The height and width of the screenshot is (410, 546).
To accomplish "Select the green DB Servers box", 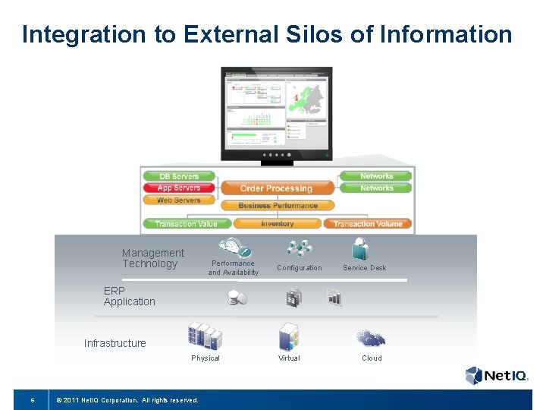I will [180, 176].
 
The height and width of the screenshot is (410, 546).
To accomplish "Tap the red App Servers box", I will [180, 188].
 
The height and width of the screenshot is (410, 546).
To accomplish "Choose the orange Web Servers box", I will [180, 200].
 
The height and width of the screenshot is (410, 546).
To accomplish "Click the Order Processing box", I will [277, 188].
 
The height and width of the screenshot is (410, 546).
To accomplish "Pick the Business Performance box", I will [278, 206].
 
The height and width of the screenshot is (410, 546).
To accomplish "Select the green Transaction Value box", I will [186, 224].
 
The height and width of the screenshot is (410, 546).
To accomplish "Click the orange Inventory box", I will [278, 224].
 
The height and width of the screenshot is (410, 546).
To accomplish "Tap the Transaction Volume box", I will [368, 224].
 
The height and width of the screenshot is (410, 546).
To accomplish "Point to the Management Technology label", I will [153, 258].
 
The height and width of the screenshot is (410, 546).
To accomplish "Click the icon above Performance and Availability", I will [234, 248].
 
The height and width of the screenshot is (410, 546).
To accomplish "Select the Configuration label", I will [299, 268].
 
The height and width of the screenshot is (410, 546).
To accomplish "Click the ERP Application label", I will [129, 296].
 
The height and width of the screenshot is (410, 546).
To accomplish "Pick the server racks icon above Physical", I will [205, 335].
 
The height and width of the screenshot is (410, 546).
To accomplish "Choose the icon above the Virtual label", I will [289, 336].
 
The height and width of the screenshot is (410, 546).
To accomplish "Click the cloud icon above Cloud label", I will [371, 338].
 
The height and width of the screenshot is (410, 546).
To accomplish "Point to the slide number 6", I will [32, 400].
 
